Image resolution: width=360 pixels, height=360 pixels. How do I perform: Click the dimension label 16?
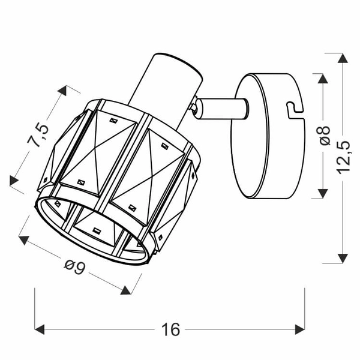[171, 329]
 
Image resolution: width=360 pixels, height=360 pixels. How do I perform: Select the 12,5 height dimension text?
[343, 158]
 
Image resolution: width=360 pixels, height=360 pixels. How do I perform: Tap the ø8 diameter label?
[324, 136]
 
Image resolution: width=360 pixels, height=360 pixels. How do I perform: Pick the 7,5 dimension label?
[38, 134]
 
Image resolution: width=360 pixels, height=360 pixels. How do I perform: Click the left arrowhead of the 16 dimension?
[40, 329]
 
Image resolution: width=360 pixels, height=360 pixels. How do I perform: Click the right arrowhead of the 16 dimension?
[300, 329]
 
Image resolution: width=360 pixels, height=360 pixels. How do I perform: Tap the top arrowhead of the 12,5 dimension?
[343, 58]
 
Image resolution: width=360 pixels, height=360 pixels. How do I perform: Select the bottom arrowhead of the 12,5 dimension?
[343, 259]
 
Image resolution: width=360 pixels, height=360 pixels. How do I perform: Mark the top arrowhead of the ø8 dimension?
[323, 79]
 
